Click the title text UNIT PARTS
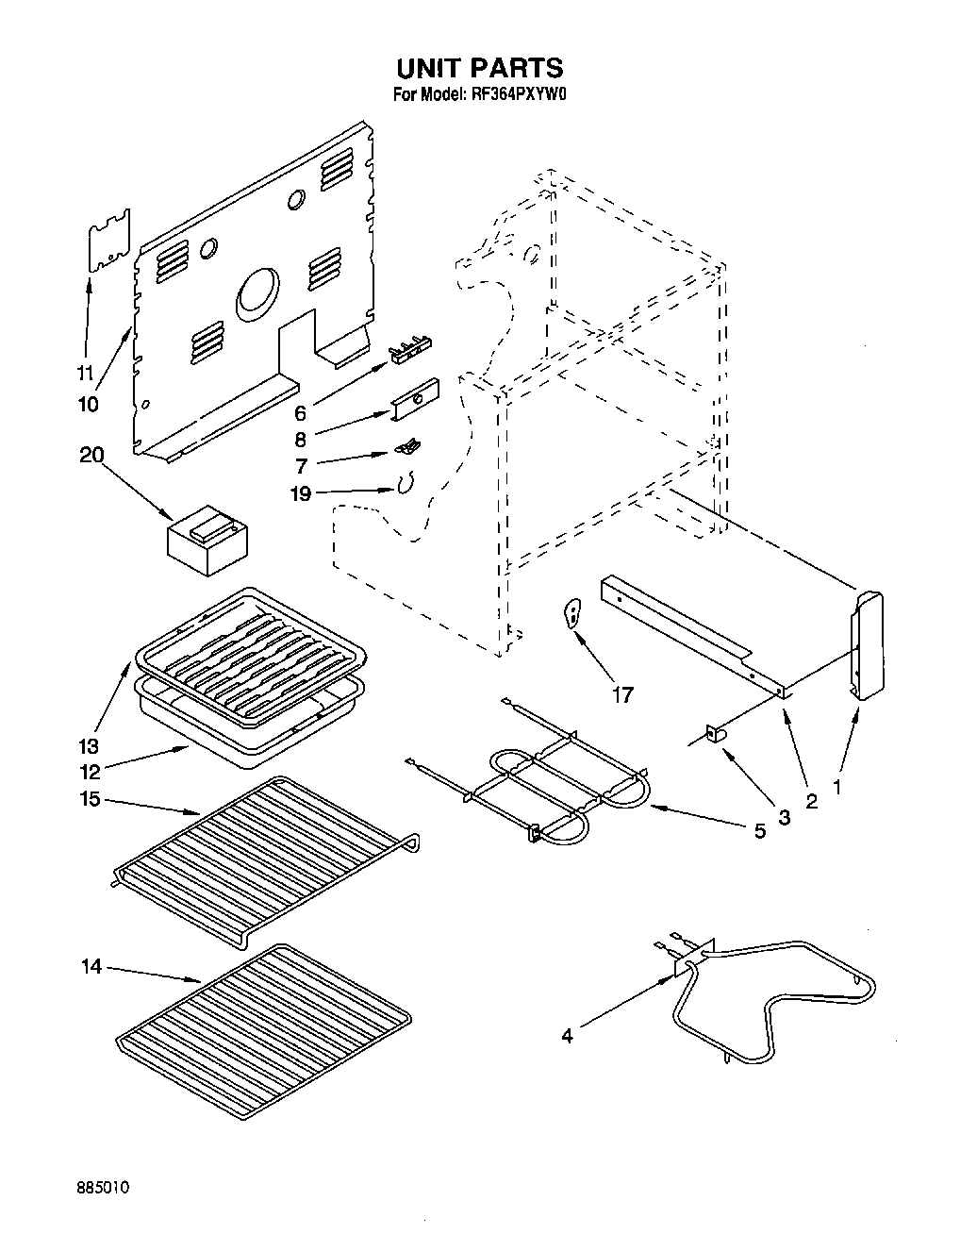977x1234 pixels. coord(479,68)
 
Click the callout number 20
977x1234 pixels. coord(92,455)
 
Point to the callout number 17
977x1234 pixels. coord(621,695)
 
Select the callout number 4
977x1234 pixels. coord(566,1036)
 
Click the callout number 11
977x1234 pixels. coord(86,373)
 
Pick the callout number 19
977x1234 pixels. coord(301,493)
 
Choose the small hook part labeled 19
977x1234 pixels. coord(406,485)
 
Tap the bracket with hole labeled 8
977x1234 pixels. coord(416,401)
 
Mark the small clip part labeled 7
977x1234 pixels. coord(406,447)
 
